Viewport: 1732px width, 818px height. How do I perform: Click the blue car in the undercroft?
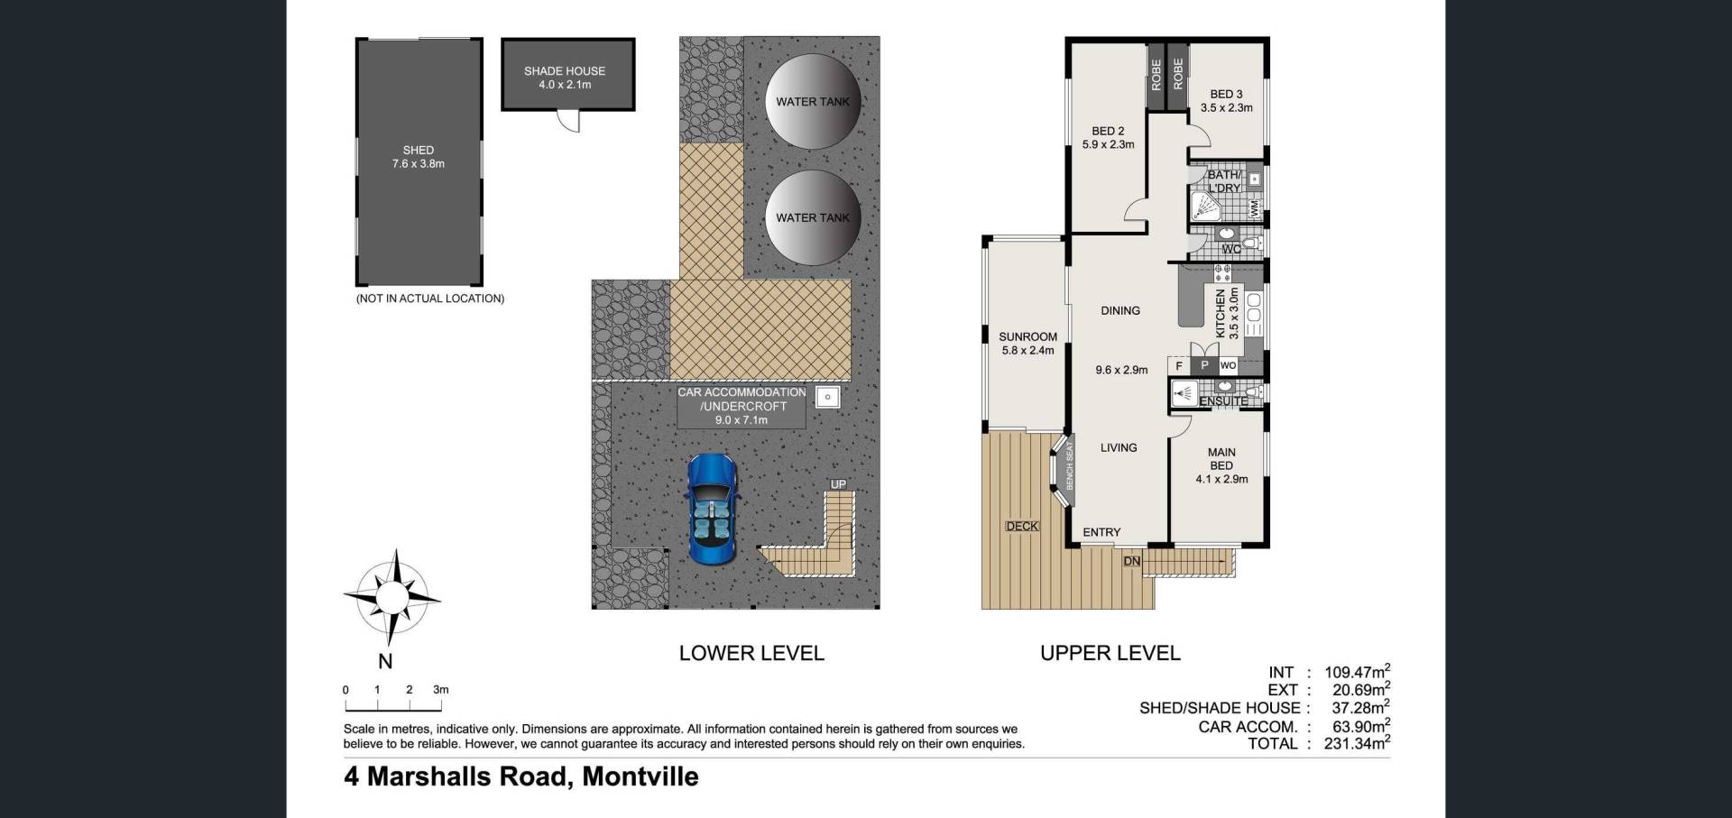click(713, 509)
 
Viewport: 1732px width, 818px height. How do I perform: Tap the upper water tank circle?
click(813, 101)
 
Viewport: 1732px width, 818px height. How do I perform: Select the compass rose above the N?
click(392, 596)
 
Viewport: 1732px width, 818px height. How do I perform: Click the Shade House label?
click(565, 78)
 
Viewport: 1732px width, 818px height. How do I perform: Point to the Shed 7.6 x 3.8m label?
click(419, 157)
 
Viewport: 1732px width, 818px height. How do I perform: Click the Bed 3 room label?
click(1226, 101)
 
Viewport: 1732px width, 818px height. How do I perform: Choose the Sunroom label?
click(1027, 344)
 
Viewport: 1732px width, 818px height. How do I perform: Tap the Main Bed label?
click(1221, 465)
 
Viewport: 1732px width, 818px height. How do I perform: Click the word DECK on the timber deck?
click(1022, 526)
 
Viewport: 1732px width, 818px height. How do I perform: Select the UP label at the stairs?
click(838, 484)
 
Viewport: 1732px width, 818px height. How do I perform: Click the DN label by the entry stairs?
click(1131, 561)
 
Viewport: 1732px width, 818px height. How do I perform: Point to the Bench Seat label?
click(1070, 466)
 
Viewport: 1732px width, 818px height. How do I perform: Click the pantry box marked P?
click(1203, 365)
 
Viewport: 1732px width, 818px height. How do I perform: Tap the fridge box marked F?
click(1179, 365)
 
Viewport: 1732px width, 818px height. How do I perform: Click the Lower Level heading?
click(751, 653)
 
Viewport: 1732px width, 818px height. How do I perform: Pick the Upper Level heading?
click(1110, 653)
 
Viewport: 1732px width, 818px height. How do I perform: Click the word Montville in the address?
click(640, 777)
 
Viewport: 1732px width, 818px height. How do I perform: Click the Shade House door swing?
click(568, 122)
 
